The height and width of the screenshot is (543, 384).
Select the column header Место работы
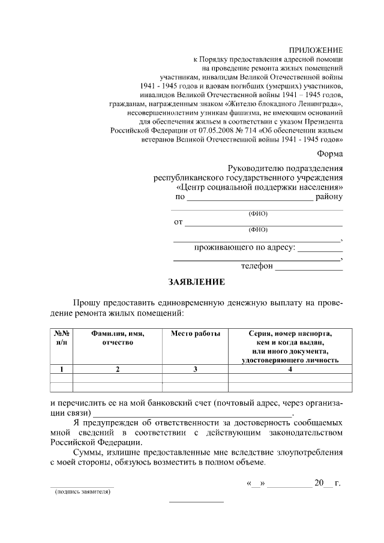(x=195, y=334)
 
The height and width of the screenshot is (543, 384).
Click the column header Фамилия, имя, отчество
(x=118, y=338)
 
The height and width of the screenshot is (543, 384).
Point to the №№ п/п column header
(x=62, y=338)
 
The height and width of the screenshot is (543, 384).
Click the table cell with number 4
(x=290, y=369)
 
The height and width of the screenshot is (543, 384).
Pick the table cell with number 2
(x=118, y=369)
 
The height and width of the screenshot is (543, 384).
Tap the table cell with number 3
(x=195, y=369)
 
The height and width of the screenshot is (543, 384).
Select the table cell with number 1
(x=62, y=369)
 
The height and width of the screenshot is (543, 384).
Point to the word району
(x=329, y=196)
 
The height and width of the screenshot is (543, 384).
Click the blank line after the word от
(x=263, y=223)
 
